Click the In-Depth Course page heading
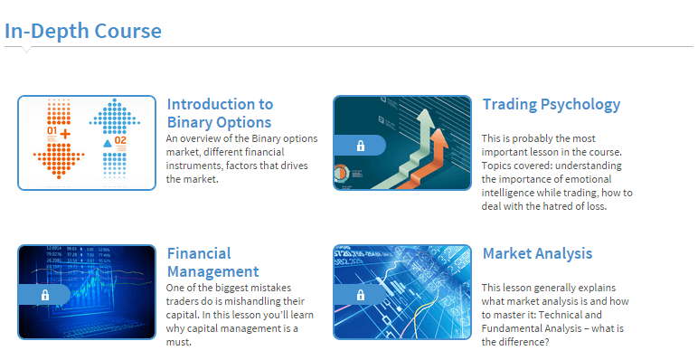83,31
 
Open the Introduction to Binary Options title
220,113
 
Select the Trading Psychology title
552,104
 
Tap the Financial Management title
212,262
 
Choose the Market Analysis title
537,253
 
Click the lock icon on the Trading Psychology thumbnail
360,146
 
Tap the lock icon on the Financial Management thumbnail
44,295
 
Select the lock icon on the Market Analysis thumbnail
360,295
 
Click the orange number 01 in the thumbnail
52,132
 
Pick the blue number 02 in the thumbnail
121,142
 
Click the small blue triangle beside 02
107,143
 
